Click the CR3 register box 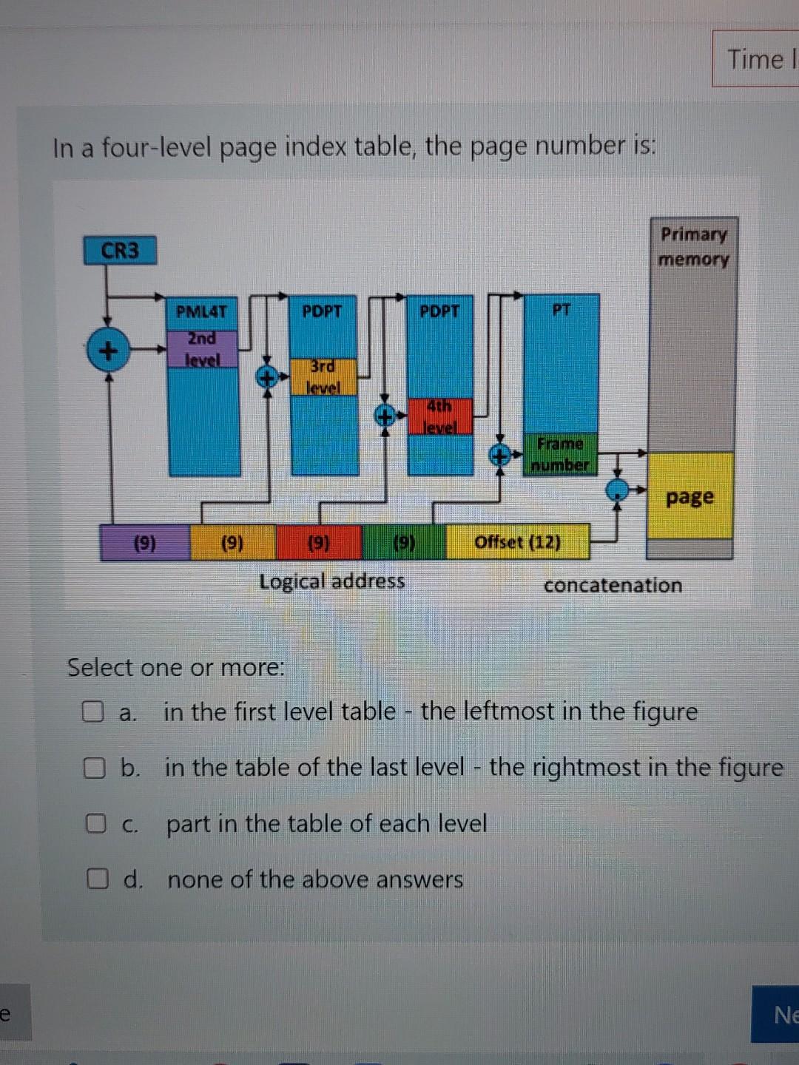tap(120, 251)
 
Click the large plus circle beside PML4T tap(107, 350)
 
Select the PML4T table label tap(201, 311)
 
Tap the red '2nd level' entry tap(202, 349)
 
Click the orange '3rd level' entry tap(323, 376)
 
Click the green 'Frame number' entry tap(560, 454)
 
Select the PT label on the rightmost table tap(562, 310)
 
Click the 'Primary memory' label tap(693, 246)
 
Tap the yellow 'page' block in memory tap(690, 496)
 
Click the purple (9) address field tap(145, 543)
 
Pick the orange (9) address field tap(232, 543)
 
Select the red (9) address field tap(318, 543)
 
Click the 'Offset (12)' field tap(517, 542)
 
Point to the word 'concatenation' tap(613, 585)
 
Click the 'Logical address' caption tap(332, 581)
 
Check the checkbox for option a tap(92, 711)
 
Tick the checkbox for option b tap(93, 768)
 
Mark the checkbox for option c tap(95, 823)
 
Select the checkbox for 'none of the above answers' tap(96, 879)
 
